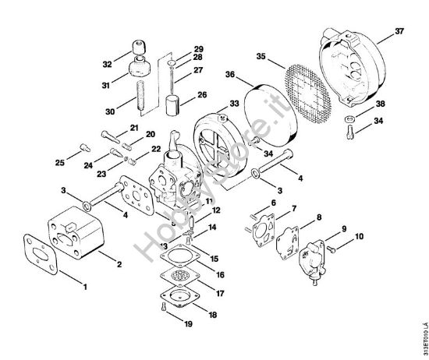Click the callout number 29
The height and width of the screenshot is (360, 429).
tap(176, 48)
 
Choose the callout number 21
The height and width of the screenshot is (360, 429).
tap(133, 127)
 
